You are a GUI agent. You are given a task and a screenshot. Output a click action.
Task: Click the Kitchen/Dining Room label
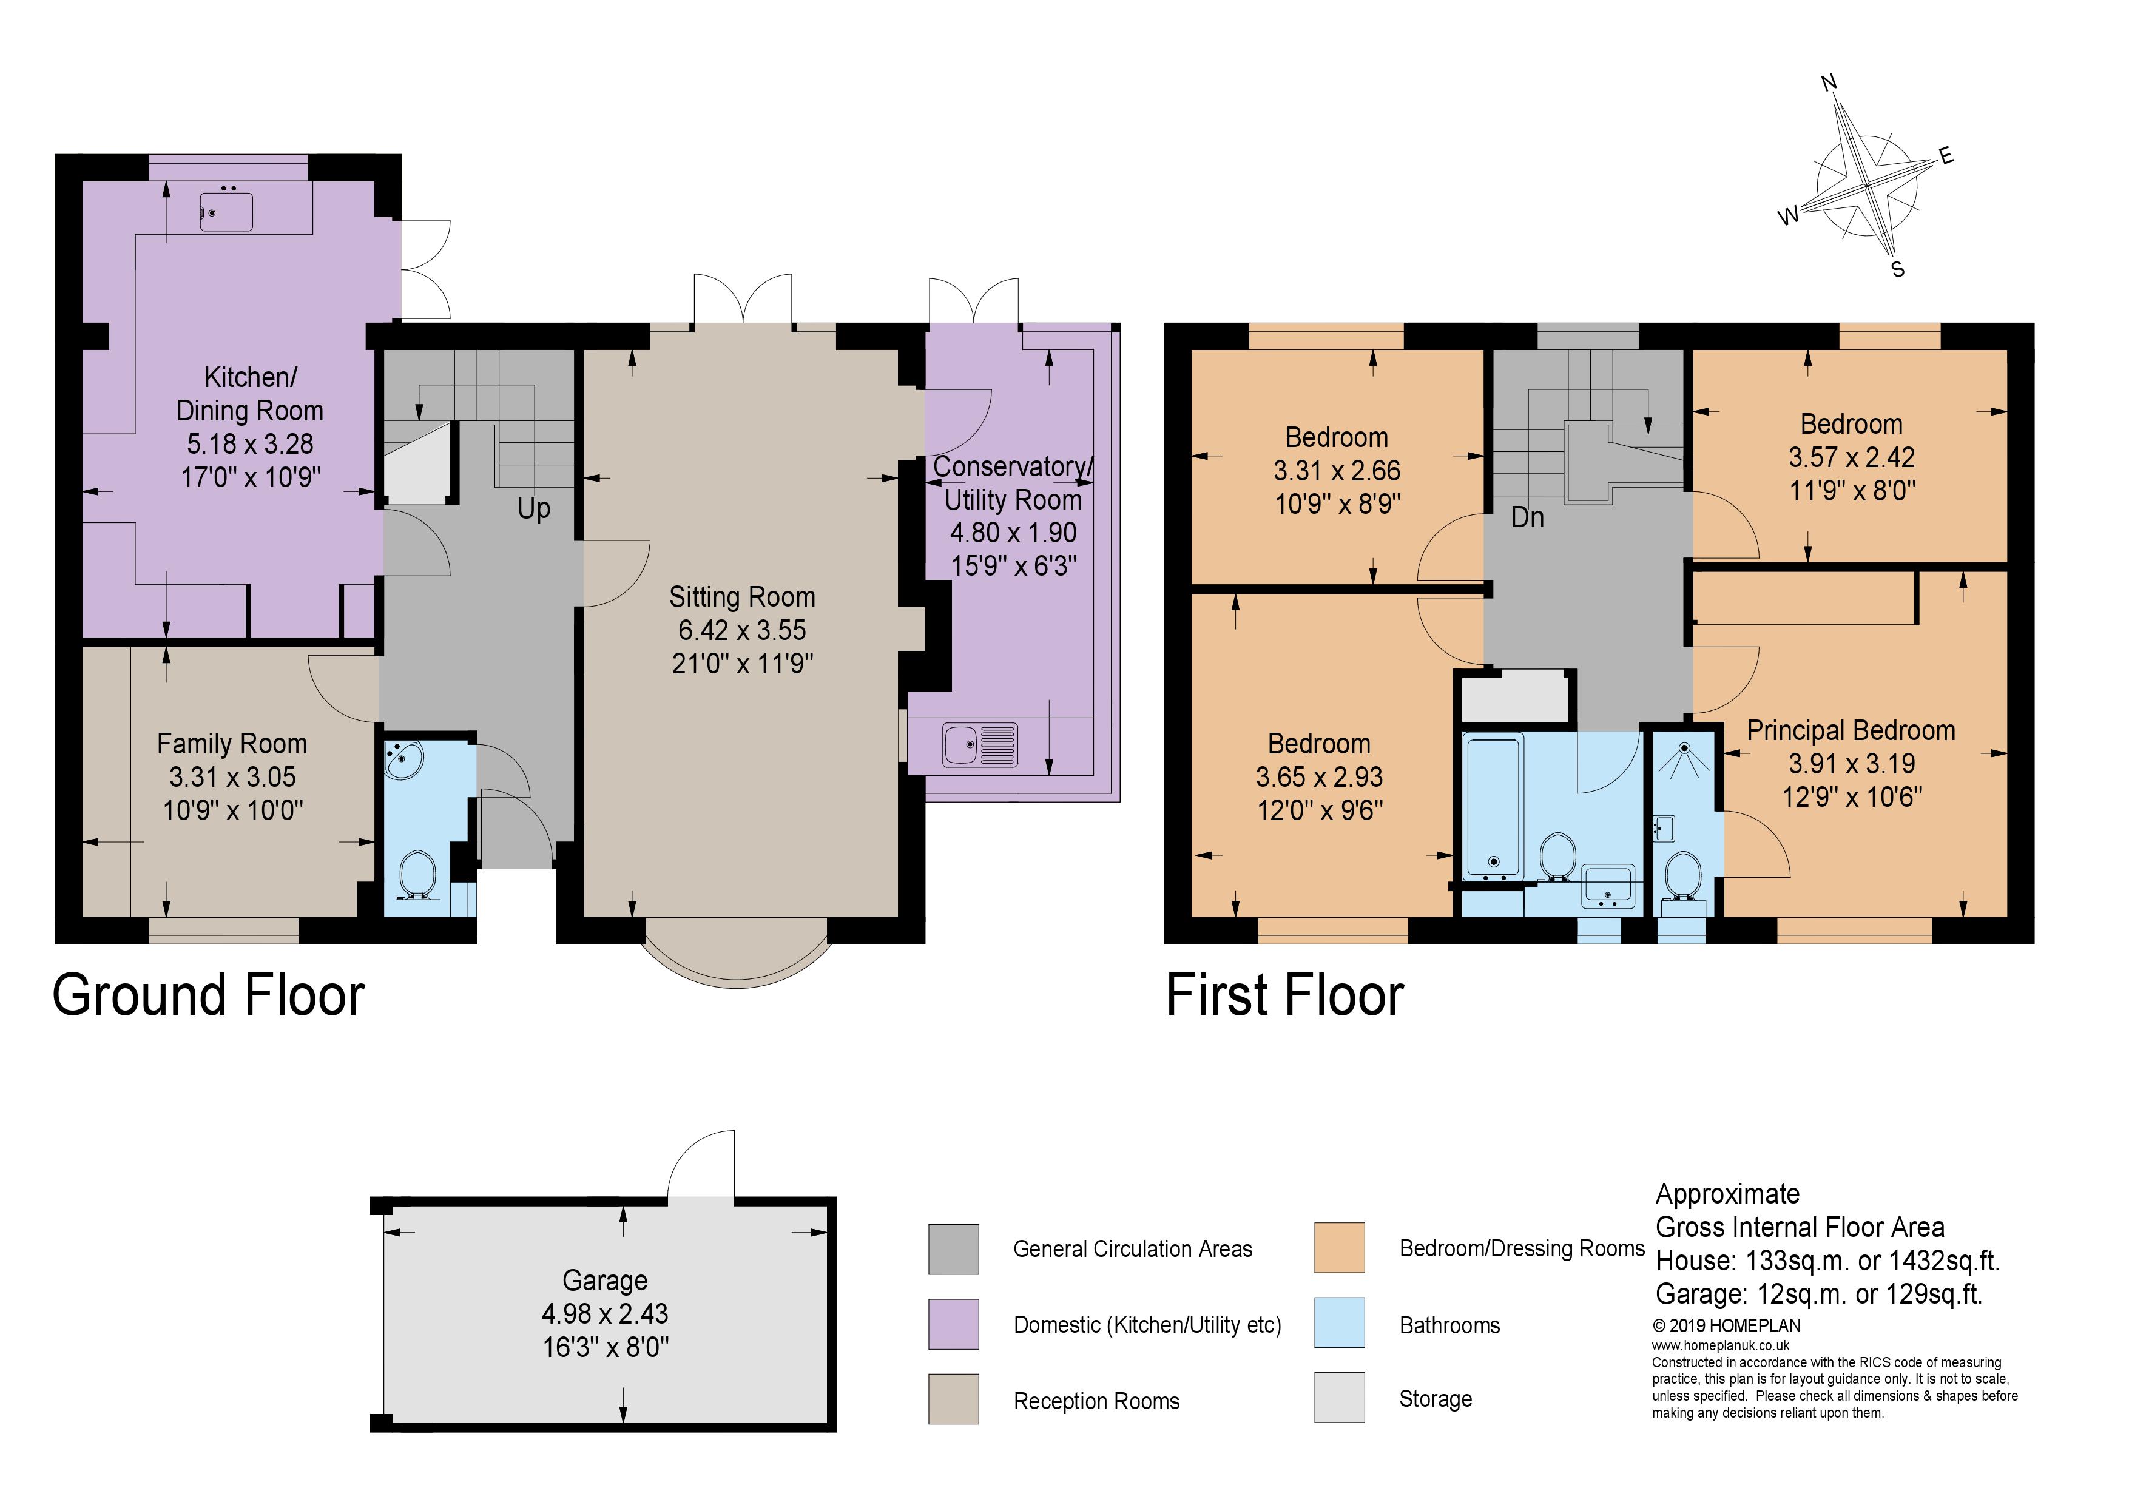251,394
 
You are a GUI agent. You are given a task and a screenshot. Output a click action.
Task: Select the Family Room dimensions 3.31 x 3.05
233,777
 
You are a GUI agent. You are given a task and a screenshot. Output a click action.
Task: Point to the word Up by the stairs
534,509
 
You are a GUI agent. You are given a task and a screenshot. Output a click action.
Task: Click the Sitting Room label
743,597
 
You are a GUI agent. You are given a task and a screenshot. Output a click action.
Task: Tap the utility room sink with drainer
980,745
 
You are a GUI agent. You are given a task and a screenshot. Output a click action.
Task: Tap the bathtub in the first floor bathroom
1493,806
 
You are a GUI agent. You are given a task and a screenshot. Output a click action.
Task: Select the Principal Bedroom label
1852,731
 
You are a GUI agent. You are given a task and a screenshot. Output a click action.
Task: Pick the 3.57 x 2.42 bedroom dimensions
1852,457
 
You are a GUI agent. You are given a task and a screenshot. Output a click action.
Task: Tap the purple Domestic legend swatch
953,1324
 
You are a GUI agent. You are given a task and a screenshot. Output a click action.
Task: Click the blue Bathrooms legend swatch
1339,1323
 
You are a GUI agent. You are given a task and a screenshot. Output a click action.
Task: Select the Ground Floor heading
209,995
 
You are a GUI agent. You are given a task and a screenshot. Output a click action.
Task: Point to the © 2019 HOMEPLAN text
1727,1326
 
